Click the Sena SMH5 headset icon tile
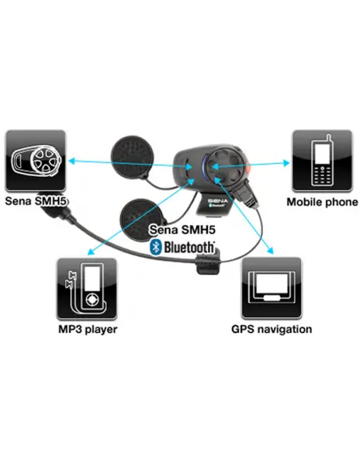(x=36, y=160)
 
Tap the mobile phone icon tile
(x=323, y=161)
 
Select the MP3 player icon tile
(x=87, y=289)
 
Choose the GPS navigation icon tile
(x=272, y=288)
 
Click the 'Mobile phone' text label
(x=323, y=202)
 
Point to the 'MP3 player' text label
(x=88, y=330)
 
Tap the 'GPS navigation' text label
(x=272, y=329)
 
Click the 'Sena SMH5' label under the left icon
(x=36, y=201)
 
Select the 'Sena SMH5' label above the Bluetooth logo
(x=182, y=229)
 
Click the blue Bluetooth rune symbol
(x=155, y=247)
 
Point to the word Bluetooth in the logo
(x=190, y=248)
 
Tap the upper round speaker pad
(x=132, y=156)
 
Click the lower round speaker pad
(x=139, y=218)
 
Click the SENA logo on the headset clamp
(x=217, y=201)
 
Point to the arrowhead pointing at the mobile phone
(x=286, y=162)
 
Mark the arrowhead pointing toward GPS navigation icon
(x=270, y=251)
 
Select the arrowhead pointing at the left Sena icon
(x=72, y=161)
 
